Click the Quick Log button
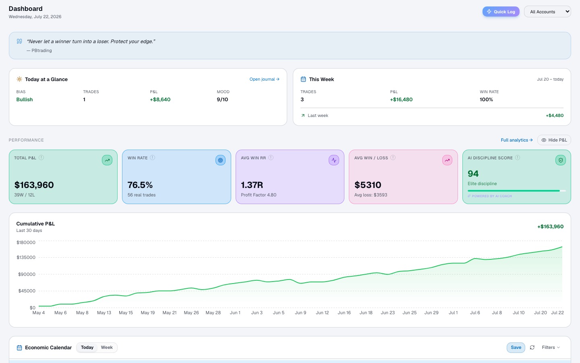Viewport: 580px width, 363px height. tap(501, 12)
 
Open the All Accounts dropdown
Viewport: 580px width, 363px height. tap(547, 12)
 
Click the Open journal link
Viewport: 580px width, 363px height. tap(264, 79)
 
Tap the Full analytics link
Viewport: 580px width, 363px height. tap(516, 140)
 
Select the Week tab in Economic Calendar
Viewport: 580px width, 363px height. tap(107, 347)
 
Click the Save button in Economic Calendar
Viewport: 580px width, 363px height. tap(516, 347)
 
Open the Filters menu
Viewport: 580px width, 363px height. tap(551, 347)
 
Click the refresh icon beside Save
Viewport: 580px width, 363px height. tap(532, 347)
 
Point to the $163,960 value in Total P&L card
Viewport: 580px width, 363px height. tap(34, 185)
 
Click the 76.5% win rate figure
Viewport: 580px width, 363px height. tap(140, 185)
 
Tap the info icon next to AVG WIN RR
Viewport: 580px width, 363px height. tap(271, 157)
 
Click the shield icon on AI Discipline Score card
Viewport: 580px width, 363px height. tap(561, 160)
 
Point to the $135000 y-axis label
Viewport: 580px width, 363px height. tap(26, 257)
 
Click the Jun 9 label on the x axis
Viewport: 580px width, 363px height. tap(300, 313)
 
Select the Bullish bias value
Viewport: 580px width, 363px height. tap(25, 100)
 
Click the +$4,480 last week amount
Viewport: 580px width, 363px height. tap(555, 115)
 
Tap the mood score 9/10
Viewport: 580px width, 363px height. tap(222, 100)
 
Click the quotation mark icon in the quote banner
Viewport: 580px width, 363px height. tap(19, 41)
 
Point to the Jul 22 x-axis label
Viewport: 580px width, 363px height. tap(557, 313)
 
